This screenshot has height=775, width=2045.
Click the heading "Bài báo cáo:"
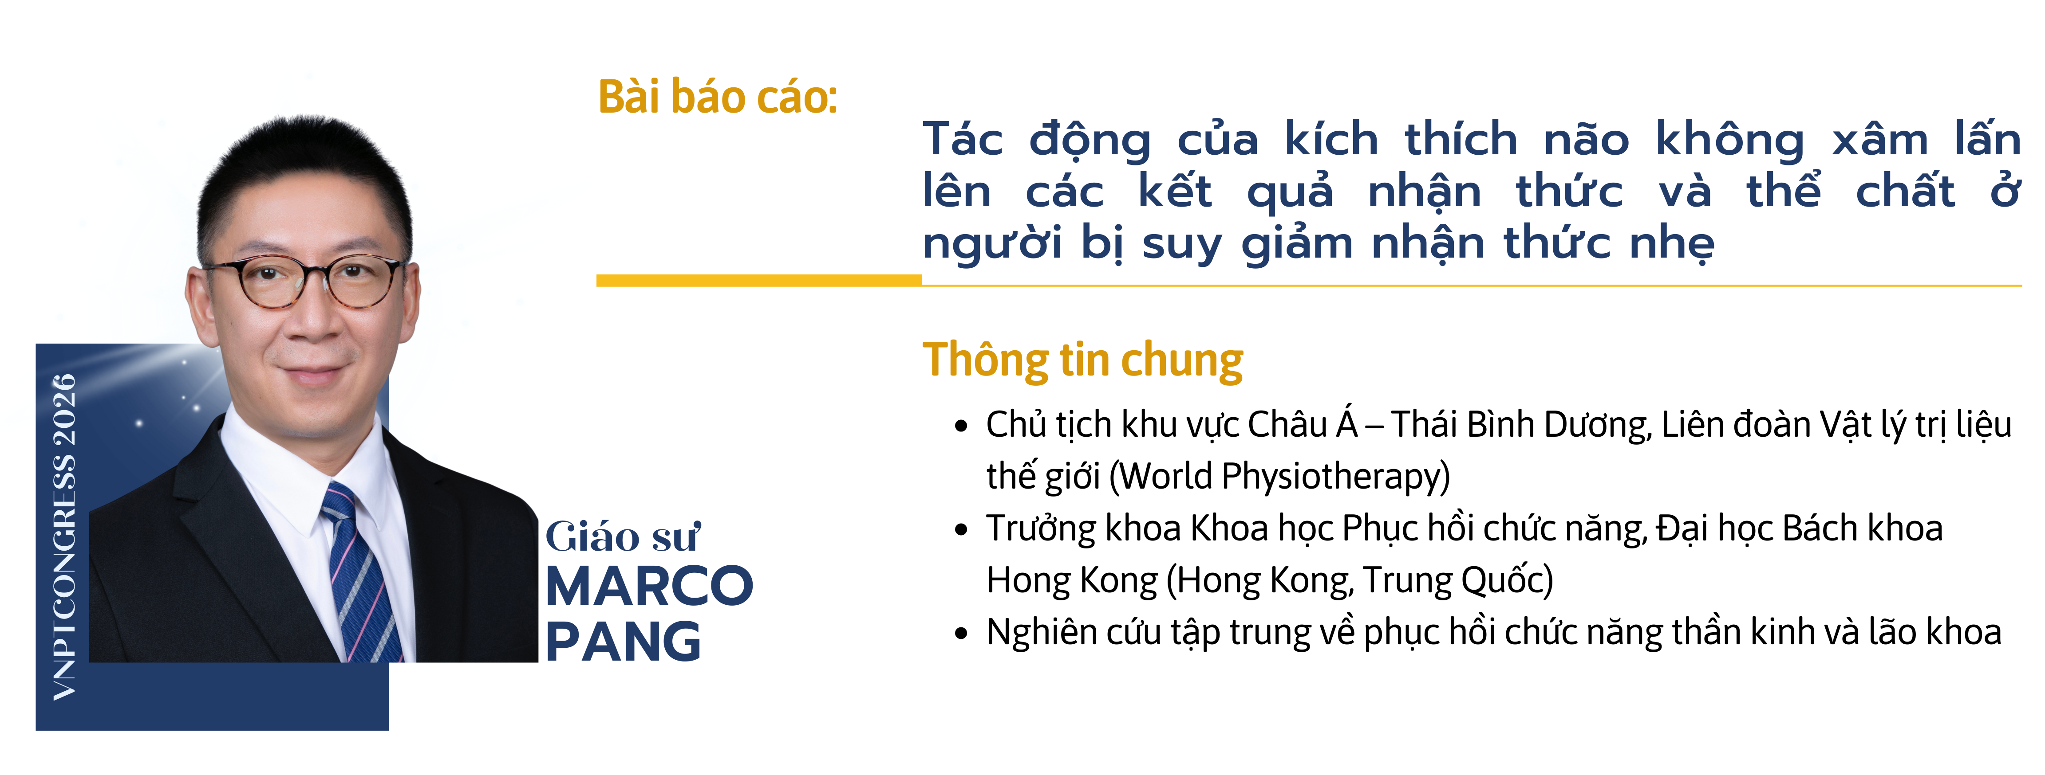pos(718,97)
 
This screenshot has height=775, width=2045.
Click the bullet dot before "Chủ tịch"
pos(961,426)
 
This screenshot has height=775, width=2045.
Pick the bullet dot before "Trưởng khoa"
pos(961,530)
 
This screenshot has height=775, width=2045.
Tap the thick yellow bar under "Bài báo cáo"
pos(759,280)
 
